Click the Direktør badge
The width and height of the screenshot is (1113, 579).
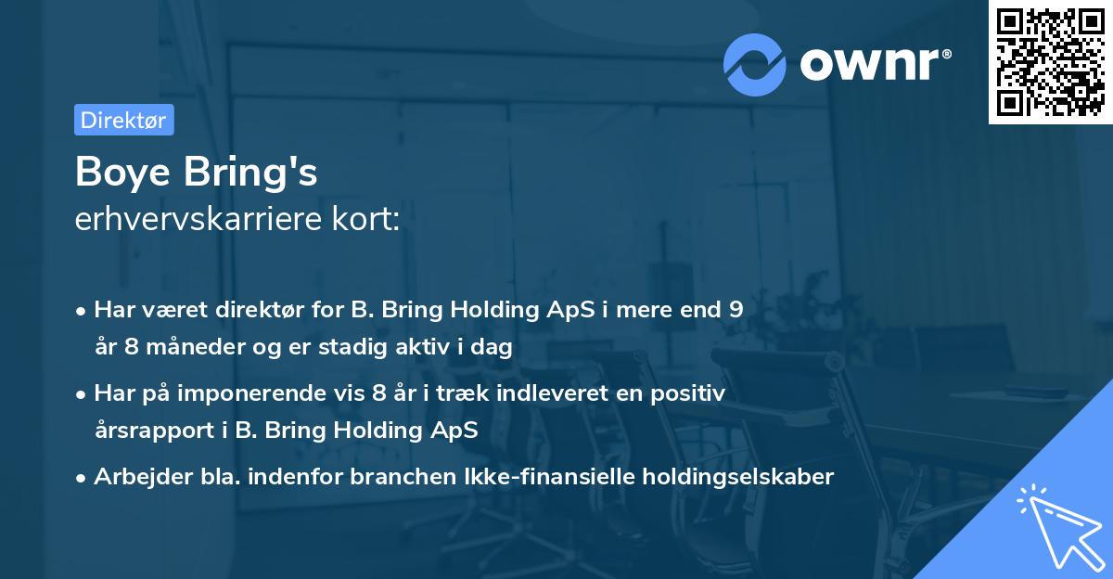coord(123,120)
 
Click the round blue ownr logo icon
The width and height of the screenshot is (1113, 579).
coord(756,64)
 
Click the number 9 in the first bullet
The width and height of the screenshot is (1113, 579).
coord(736,310)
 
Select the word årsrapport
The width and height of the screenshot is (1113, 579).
coord(150,431)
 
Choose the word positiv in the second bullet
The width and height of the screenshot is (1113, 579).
coord(691,393)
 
